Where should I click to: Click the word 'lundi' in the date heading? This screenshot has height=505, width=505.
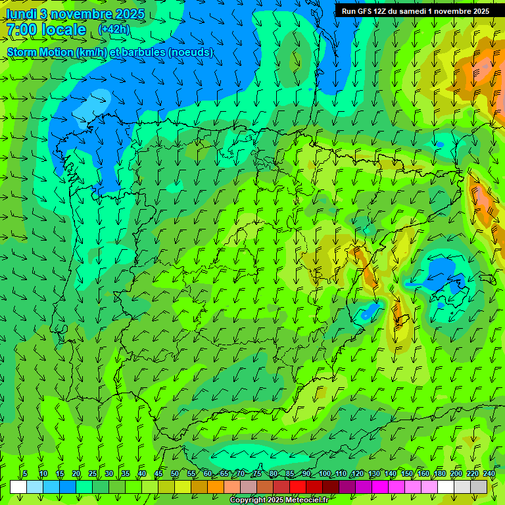click(20, 14)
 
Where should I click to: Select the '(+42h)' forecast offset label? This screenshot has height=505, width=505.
click(114, 30)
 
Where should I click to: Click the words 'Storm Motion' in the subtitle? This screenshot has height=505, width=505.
click(41, 52)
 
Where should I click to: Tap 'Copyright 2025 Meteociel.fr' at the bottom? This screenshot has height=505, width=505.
click(279, 500)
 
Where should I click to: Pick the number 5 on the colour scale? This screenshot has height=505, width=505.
click(24, 473)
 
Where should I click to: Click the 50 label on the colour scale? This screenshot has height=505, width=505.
click(175, 473)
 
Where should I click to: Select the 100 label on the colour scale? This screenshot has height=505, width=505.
click(324, 473)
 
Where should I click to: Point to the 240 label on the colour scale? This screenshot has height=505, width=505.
click(489, 473)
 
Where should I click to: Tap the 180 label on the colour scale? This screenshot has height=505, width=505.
click(439, 473)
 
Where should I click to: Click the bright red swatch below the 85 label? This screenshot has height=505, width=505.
click(298, 487)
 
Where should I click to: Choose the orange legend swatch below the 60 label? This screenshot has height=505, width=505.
click(216, 487)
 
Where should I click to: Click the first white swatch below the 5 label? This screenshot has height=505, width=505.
click(18, 487)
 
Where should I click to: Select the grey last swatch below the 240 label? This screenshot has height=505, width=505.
click(479, 487)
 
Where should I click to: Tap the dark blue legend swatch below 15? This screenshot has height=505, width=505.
click(68, 487)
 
